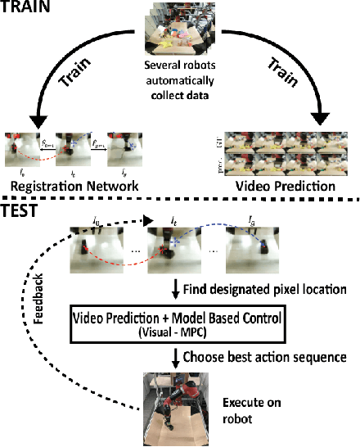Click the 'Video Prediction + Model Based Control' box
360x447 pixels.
[x=182, y=319]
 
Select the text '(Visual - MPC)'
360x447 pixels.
[x=182, y=328]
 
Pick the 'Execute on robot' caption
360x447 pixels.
[x=258, y=409]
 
